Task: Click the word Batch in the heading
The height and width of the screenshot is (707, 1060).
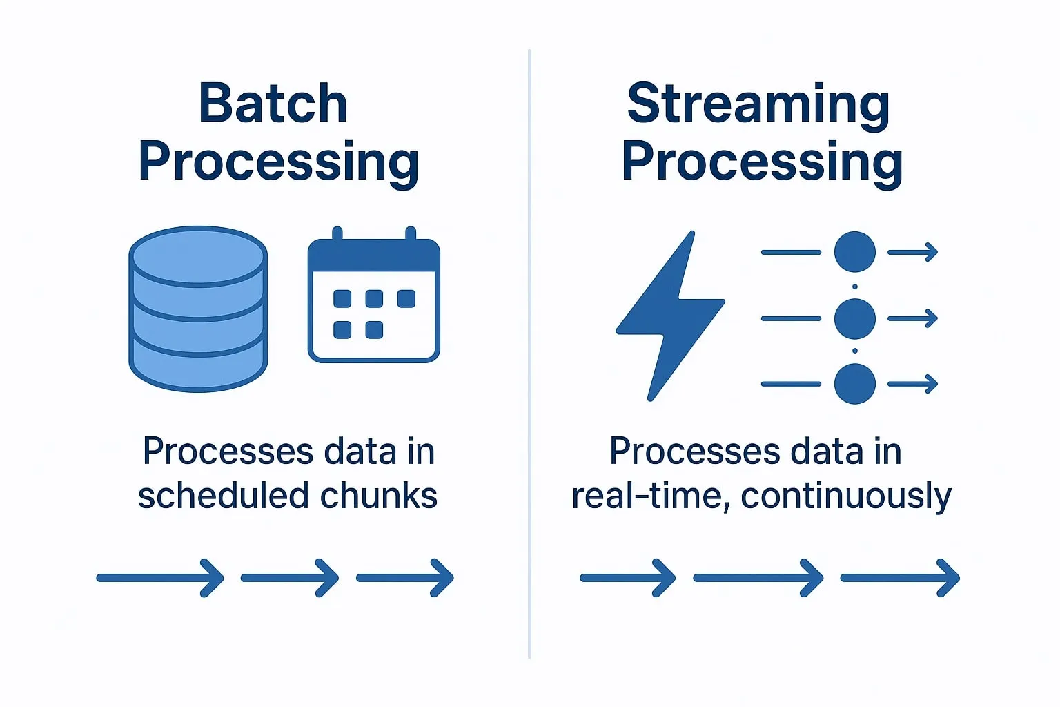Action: [273, 104]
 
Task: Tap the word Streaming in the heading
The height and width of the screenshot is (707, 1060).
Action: [758, 106]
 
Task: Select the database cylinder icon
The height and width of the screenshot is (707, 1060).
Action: [198, 309]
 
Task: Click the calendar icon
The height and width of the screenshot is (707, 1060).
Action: [374, 295]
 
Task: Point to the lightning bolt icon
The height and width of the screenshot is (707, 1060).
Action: [670, 316]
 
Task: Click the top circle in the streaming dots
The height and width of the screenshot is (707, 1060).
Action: [854, 252]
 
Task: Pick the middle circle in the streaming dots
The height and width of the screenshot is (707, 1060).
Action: [854, 319]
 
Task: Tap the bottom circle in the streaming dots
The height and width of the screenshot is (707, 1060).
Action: [854, 384]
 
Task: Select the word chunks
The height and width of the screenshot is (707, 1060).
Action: [379, 496]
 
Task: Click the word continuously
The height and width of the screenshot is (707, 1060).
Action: [846, 497]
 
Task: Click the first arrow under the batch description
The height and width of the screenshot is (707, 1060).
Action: [160, 578]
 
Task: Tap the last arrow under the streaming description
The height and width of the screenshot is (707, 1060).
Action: [900, 578]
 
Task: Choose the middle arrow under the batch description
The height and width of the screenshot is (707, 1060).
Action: [290, 578]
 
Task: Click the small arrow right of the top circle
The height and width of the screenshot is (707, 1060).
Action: [913, 252]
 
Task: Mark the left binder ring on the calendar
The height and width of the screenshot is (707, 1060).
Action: [337, 233]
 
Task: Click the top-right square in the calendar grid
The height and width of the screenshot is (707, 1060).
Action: [406, 299]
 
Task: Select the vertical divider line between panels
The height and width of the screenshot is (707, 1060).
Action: [529, 353]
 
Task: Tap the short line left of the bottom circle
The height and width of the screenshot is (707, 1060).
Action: [791, 384]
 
